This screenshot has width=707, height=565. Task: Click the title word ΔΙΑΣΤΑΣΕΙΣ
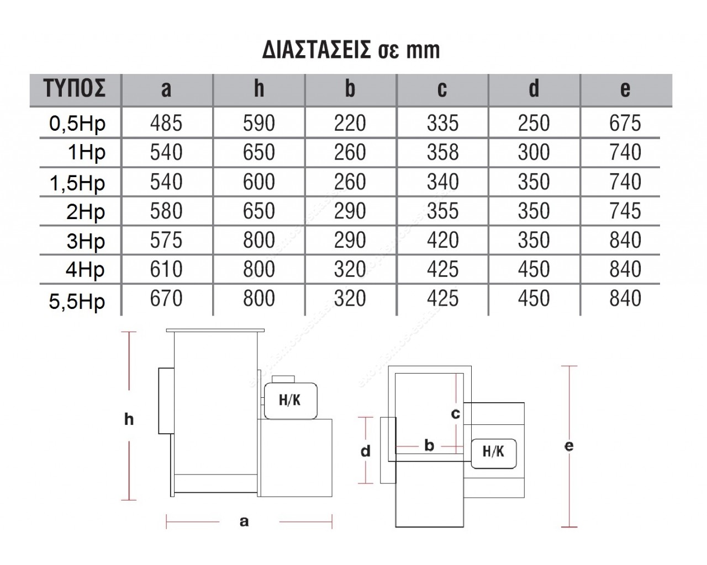[x=316, y=50]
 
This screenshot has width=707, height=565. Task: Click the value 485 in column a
[x=166, y=123]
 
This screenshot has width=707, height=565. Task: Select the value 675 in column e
[x=625, y=123]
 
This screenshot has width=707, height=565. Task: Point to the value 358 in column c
[x=442, y=152]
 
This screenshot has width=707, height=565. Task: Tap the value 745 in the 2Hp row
[x=625, y=210]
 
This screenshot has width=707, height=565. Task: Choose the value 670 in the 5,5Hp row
[x=166, y=298]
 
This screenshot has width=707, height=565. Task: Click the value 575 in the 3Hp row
[x=166, y=239]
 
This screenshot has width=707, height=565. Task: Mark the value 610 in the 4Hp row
[x=166, y=269]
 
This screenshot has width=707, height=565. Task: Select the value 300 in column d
[x=534, y=152]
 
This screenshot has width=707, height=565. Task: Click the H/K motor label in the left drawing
[x=290, y=400]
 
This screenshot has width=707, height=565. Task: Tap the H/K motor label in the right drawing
[x=493, y=451]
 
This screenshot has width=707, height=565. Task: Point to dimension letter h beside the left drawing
[x=129, y=419]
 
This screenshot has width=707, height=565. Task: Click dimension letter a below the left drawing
[x=244, y=521]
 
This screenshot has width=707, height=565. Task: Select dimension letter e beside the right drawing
[x=569, y=446]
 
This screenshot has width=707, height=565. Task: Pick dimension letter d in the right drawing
[x=366, y=451]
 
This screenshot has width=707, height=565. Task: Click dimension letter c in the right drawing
[x=456, y=414]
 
